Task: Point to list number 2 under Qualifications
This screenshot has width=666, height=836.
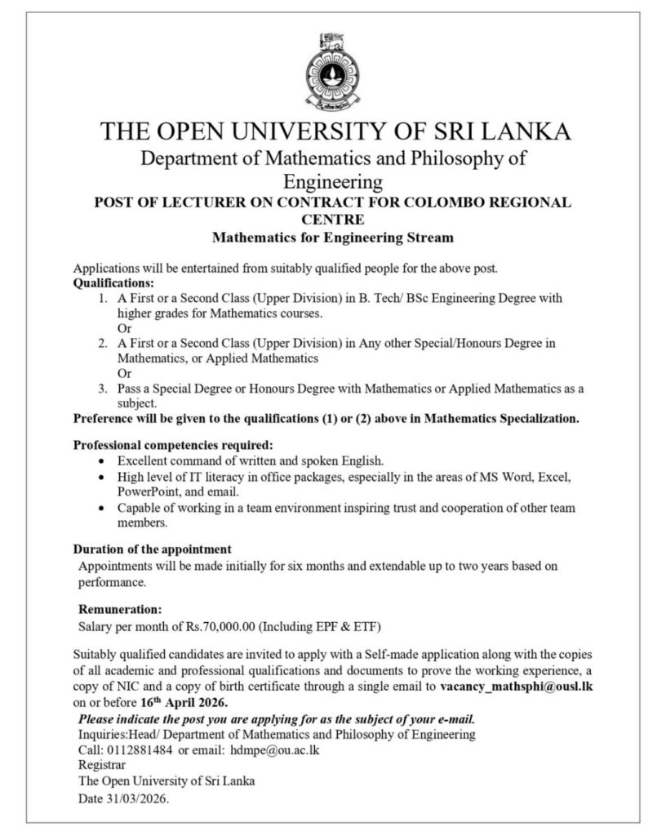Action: (102, 344)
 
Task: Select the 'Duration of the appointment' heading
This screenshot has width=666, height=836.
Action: (153, 549)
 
